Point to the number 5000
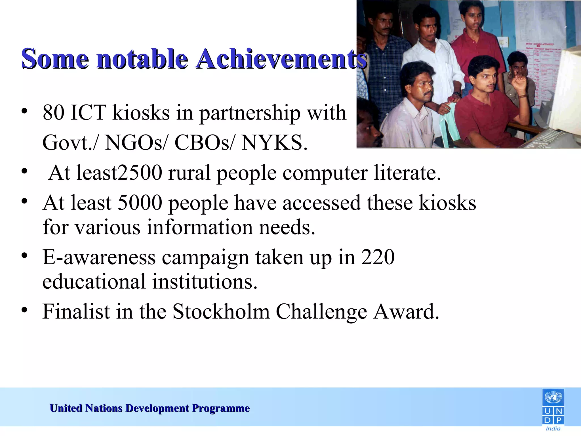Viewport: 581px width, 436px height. pyautogui.click(x=140, y=203)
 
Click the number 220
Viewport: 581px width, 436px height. pyautogui.click(x=378, y=257)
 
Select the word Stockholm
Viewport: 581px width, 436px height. pyautogui.click(x=221, y=312)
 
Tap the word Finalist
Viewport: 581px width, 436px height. pyautogui.click(x=76, y=312)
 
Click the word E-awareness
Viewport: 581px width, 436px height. pyautogui.click(x=99, y=257)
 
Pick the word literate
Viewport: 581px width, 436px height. pyautogui.click(x=407, y=173)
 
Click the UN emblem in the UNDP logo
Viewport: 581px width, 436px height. pyautogui.click(x=553, y=398)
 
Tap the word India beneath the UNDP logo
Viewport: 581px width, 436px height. pyautogui.click(x=553, y=429)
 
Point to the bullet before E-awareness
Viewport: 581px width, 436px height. pyautogui.click(x=25, y=255)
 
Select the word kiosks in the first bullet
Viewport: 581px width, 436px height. pyautogui.click(x=141, y=113)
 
